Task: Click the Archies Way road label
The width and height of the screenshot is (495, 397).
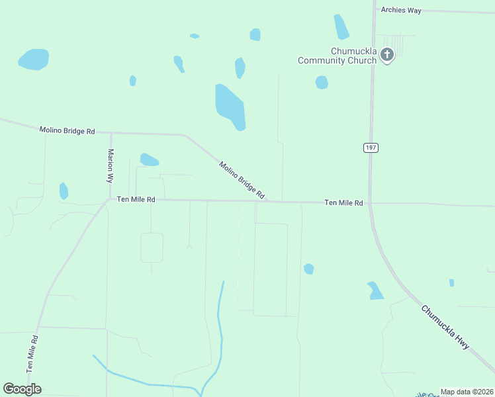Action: click(x=400, y=10)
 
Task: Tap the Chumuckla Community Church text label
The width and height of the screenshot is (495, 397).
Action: click(x=337, y=56)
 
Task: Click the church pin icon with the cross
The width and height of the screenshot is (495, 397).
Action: click(x=388, y=54)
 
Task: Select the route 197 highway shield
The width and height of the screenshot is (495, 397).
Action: click(x=371, y=148)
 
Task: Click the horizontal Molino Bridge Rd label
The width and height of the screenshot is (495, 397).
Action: click(x=67, y=131)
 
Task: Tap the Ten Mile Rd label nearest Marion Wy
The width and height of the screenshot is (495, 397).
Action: click(x=136, y=199)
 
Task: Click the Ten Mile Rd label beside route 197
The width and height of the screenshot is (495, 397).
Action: click(x=343, y=203)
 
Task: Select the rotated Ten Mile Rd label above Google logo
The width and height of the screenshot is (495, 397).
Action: click(x=32, y=355)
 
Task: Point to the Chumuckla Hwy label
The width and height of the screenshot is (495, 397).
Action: click(x=445, y=328)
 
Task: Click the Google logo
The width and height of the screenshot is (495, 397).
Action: click(x=22, y=389)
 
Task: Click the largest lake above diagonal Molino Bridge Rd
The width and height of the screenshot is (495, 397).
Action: click(x=230, y=107)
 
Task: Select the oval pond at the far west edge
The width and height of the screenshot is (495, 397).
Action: click(x=33, y=60)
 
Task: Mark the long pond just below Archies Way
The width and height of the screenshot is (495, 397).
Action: click(x=341, y=27)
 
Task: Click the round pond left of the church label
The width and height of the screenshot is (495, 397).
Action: click(x=322, y=82)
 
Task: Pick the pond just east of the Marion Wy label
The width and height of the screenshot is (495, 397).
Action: click(x=149, y=159)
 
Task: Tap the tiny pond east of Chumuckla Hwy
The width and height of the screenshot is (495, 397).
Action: click(x=451, y=283)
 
